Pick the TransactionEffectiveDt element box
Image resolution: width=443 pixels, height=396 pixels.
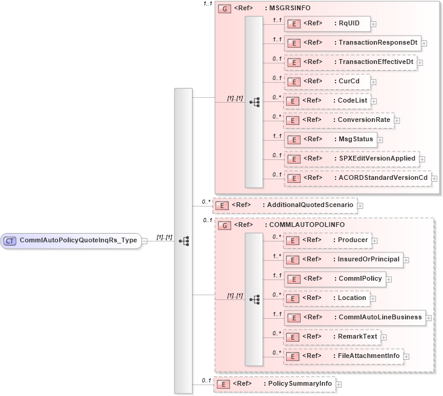pos(350,62)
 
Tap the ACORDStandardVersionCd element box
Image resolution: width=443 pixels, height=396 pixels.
pos(357,178)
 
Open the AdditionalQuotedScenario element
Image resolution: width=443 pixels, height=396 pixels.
pos(284,205)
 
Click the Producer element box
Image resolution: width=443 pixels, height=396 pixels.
pos(327,240)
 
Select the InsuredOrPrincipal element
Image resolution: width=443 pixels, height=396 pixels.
pos(342,260)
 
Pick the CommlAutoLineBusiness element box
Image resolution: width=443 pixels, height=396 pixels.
pos(354,317)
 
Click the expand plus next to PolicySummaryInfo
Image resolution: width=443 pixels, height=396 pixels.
pos(339,384)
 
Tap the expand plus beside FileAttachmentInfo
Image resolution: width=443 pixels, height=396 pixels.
pos(407,356)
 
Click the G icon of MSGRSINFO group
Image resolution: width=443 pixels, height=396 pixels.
pos(224,9)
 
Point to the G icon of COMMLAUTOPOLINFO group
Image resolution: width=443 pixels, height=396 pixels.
pos(224,225)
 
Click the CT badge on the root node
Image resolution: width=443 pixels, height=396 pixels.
pos(10,241)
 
